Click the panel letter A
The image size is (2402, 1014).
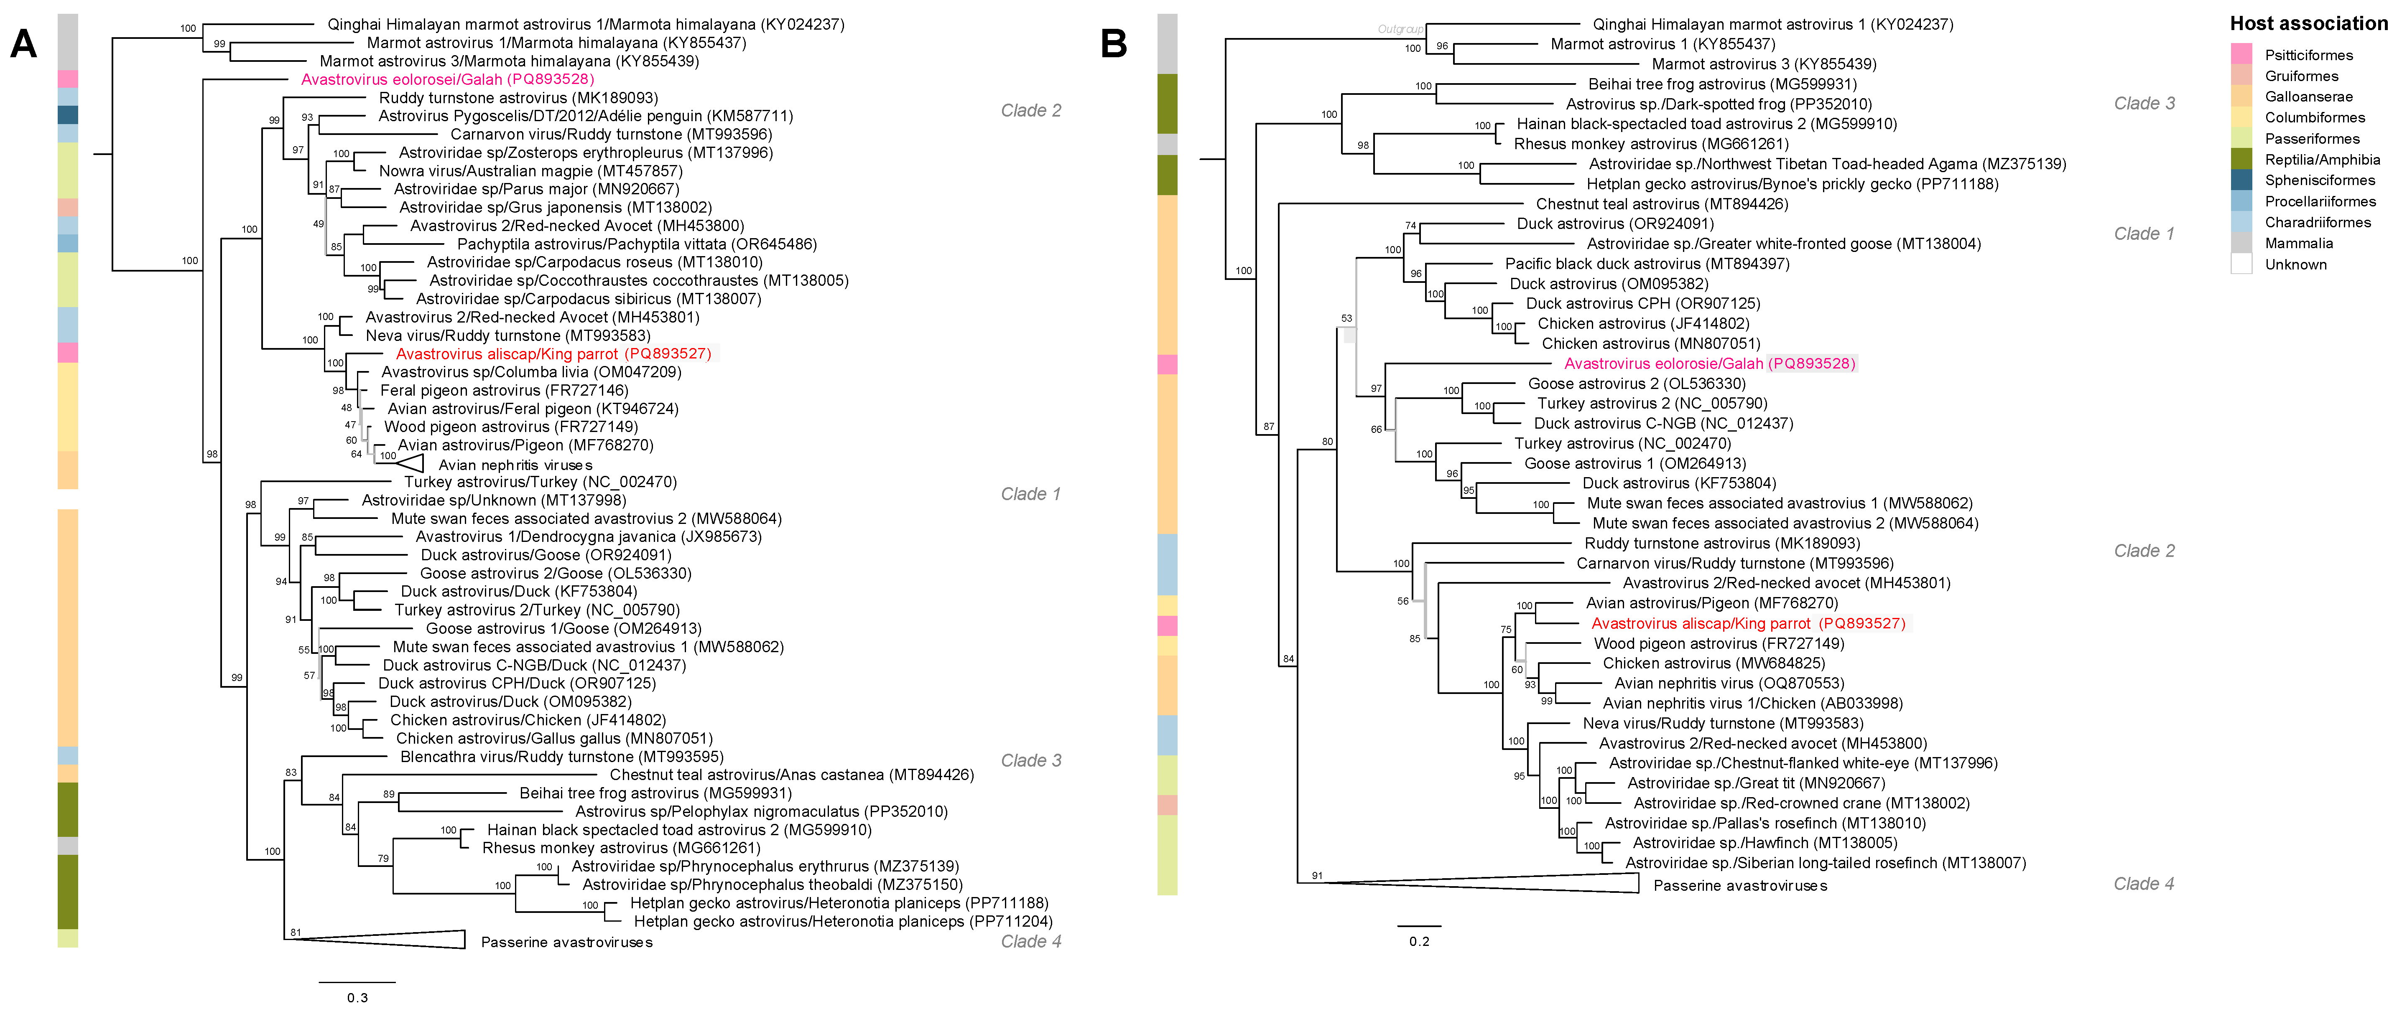pos(23,44)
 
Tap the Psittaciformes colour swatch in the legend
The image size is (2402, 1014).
pos(2241,54)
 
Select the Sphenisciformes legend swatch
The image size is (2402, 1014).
pos(2241,180)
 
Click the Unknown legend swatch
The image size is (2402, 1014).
pos(2241,264)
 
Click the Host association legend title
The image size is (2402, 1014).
pos(2308,23)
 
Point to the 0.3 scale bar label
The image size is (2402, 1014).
pos(357,997)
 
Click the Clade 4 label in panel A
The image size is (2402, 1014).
pos(1030,941)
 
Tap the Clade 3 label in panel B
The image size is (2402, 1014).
pos(2144,104)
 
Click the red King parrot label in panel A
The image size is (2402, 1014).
pos(553,353)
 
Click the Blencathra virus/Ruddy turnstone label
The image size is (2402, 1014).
pos(561,757)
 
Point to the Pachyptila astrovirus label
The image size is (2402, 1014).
pos(637,244)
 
